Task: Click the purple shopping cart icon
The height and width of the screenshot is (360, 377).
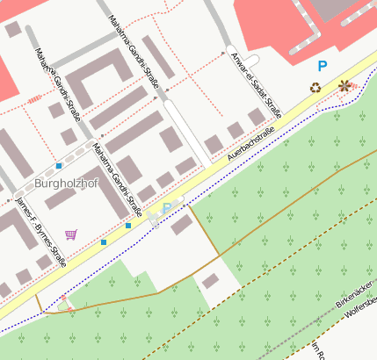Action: tap(70, 234)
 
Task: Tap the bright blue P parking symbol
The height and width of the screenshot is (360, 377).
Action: tap(323, 66)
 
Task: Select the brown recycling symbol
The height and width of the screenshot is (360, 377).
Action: tap(315, 87)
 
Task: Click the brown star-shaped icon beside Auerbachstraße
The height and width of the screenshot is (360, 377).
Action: tap(344, 86)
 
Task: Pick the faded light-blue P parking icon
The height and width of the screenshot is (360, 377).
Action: tap(167, 208)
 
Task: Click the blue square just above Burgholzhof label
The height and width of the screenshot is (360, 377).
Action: tap(59, 165)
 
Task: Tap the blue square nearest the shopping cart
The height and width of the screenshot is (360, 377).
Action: tap(104, 241)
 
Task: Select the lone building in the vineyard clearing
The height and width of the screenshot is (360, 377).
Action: tap(211, 281)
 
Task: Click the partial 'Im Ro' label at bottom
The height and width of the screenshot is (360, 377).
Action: tap(316, 351)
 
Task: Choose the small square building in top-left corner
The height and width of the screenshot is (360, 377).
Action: tap(12, 29)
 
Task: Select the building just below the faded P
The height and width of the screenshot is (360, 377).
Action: tap(181, 225)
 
